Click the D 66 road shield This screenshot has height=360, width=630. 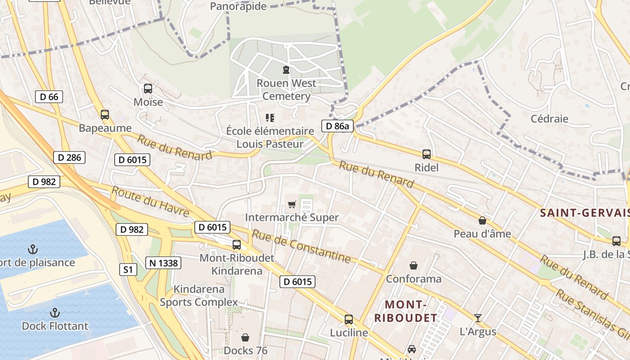[x=49, y=97]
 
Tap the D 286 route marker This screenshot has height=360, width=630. [x=69, y=157]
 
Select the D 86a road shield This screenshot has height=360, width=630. [x=337, y=126]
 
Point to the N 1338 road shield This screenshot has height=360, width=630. [x=163, y=263]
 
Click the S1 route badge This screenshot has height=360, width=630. [x=128, y=270]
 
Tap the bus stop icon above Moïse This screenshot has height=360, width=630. [x=148, y=89]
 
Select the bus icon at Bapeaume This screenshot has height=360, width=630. [x=105, y=115]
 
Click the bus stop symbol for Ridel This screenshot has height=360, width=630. [x=426, y=154]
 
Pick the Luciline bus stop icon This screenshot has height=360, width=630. [x=348, y=319]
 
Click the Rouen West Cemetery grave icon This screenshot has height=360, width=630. [x=286, y=70]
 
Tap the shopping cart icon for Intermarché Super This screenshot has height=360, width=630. [x=292, y=205]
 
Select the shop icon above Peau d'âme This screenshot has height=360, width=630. [x=482, y=220]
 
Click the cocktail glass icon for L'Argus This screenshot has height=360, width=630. [x=478, y=318]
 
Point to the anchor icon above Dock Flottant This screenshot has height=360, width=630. [x=54, y=312]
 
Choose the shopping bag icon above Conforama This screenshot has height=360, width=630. [x=413, y=265]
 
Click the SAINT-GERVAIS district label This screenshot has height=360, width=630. [x=584, y=213]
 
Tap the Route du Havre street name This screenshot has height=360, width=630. [x=149, y=201]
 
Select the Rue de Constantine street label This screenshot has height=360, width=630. [x=301, y=246]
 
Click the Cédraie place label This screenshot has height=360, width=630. [x=549, y=119]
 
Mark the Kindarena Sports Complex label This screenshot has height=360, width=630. [x=199, y=295]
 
